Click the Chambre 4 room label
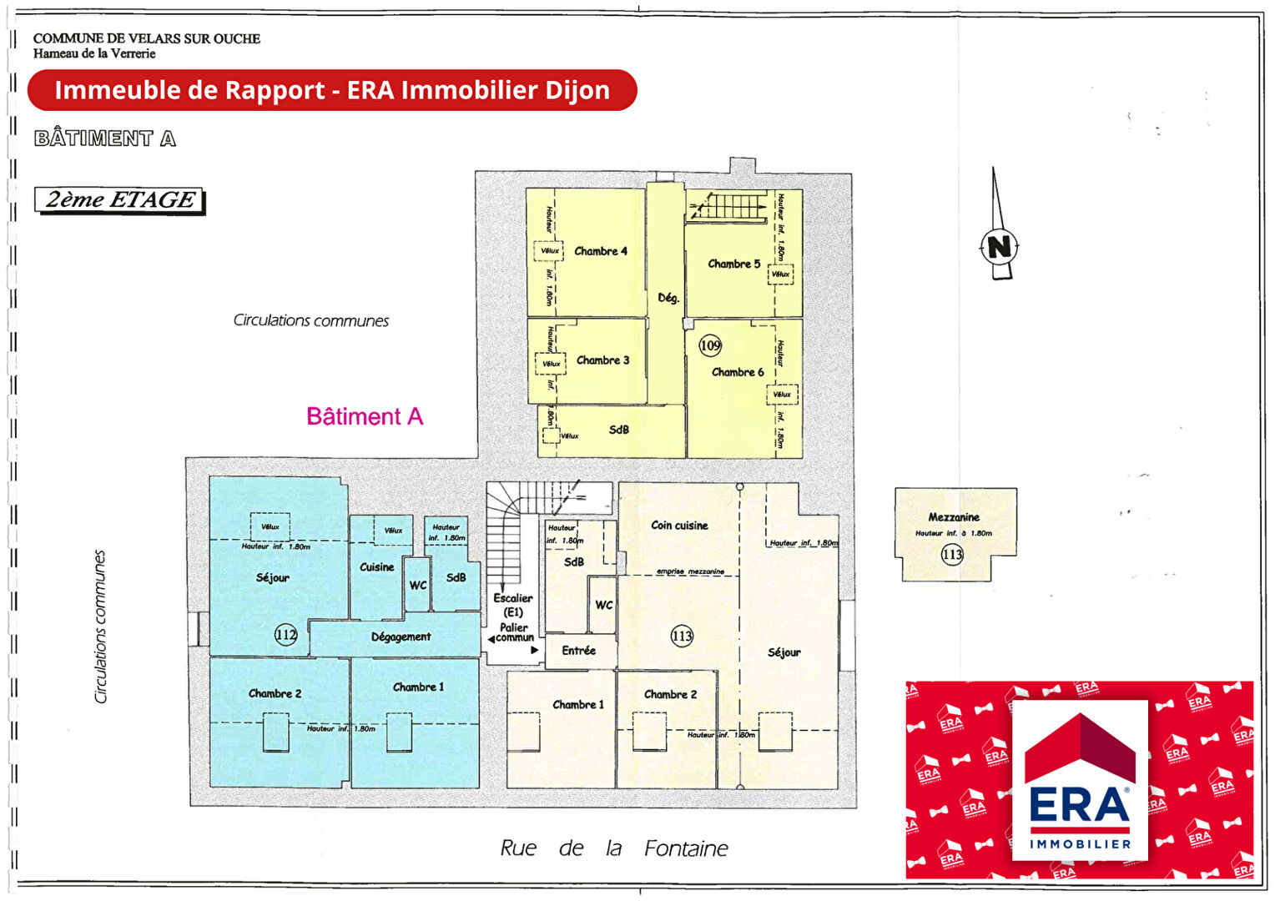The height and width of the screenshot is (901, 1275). [x=600, y=251]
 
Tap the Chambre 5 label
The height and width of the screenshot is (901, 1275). [x=733, y=264]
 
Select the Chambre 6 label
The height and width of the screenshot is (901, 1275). [x=737, y=372]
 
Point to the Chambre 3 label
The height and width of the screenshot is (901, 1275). [x=602, y=360]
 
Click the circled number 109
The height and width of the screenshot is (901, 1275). [x=710, y=345]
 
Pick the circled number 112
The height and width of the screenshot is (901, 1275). [x=285, y=635]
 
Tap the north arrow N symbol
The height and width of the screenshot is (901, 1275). [x=999, y=246]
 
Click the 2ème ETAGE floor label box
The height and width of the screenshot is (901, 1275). [x=119, y=200]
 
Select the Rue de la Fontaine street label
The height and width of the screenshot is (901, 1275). [x=613, y=848]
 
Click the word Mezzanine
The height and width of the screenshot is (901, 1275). [x=954, y=517]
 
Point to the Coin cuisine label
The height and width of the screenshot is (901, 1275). [x=679, y=526]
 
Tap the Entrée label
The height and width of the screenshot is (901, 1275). [x=578, y=651]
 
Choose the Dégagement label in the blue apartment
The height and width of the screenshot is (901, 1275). [x=401, y=637]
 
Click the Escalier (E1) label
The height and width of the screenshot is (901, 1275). [x=513, y=605]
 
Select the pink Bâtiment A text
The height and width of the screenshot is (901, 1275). [x=365, y=416]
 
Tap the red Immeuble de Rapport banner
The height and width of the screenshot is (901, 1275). [x=332, y=90]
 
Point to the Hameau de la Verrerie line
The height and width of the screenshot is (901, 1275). [x=94, y=53]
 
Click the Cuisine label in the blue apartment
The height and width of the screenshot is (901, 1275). [x=376, y=567]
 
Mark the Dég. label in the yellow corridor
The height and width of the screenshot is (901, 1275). [x=668, y=298]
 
